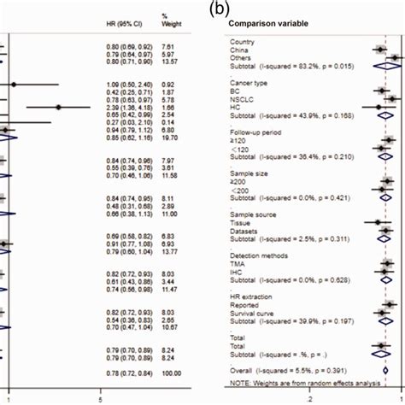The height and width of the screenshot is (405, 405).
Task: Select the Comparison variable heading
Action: [x=261, y=24]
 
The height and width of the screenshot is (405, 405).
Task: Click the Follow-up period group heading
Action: [x=255, y=133]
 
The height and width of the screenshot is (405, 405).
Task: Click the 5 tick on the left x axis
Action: [x=102, y=398]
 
